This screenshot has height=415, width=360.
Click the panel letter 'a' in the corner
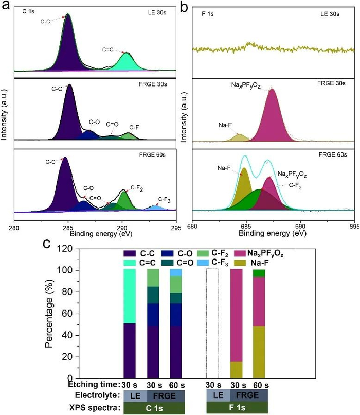[5, 6]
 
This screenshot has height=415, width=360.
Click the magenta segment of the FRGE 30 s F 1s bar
[236, 314]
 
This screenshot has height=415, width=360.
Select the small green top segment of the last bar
[259, 273]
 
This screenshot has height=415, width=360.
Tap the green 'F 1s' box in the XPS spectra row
[236, 408]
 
